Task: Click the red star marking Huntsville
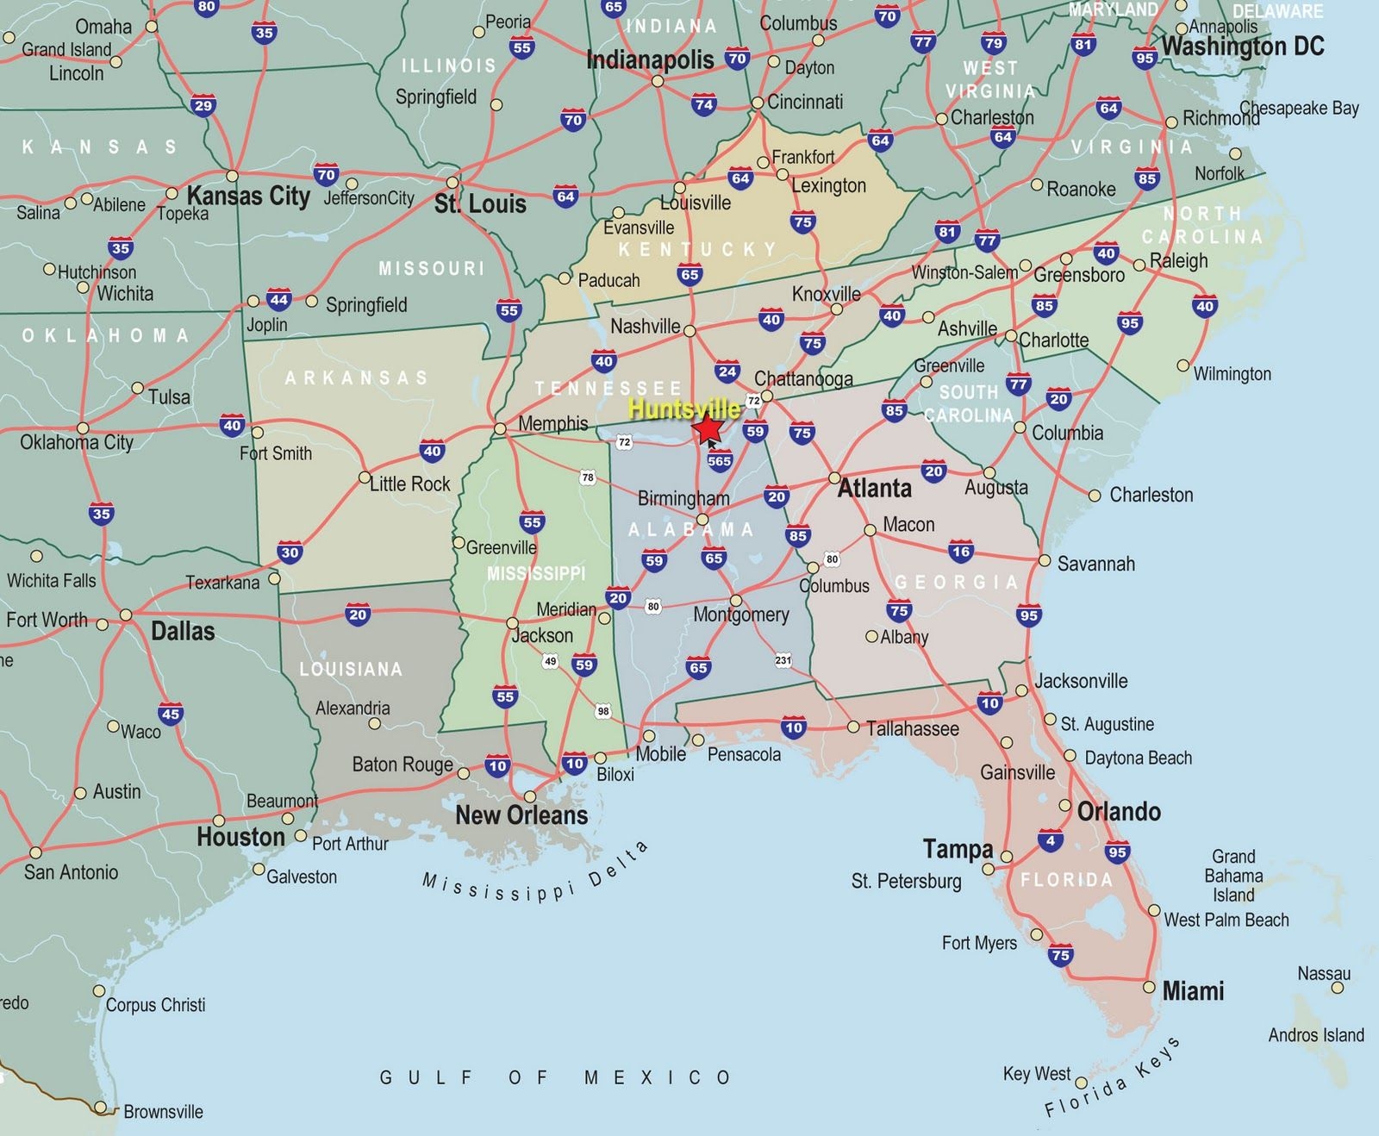click(709, 428)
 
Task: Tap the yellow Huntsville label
click(683, 409)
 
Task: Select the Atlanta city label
click(874, 489)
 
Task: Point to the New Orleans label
click(521, 815)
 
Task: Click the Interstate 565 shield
click(719, 461)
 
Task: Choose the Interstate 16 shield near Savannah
click(961, 552)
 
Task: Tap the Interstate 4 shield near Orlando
click(1050, 841)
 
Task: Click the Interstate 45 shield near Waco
click(171, 714)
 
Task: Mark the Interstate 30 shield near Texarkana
click(290, 553)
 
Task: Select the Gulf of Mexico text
click(556, 1077)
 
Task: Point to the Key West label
click(1037, 1074)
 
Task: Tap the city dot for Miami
click(1149, 987)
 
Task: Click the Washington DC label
click(1243, 47)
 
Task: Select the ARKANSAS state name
click(356, 378)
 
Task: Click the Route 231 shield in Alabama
click(783, 660)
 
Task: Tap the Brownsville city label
click(163, 1112)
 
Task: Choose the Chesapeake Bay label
click(1299, 109)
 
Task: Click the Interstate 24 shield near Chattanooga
click(727, 372)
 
